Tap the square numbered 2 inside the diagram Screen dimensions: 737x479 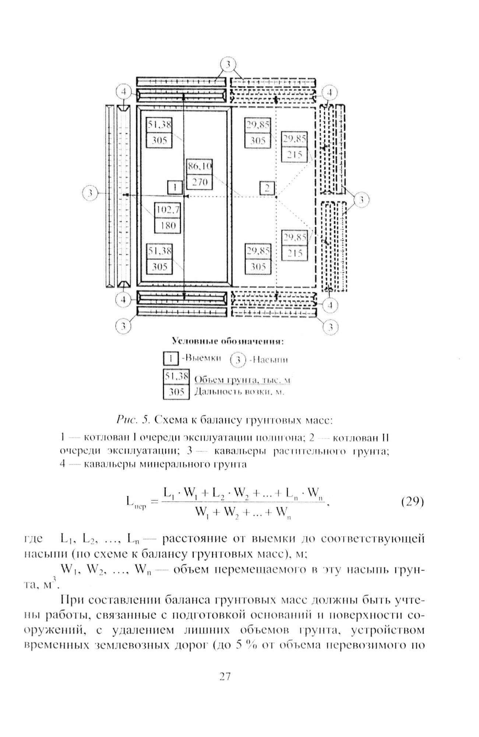[x=267, y=188]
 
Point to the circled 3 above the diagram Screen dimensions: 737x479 [x=228, y=65]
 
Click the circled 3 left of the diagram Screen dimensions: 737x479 [x=90, y=193]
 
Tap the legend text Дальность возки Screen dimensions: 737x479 [x=239, y=392]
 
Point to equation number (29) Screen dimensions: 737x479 [x=410, y=502]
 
